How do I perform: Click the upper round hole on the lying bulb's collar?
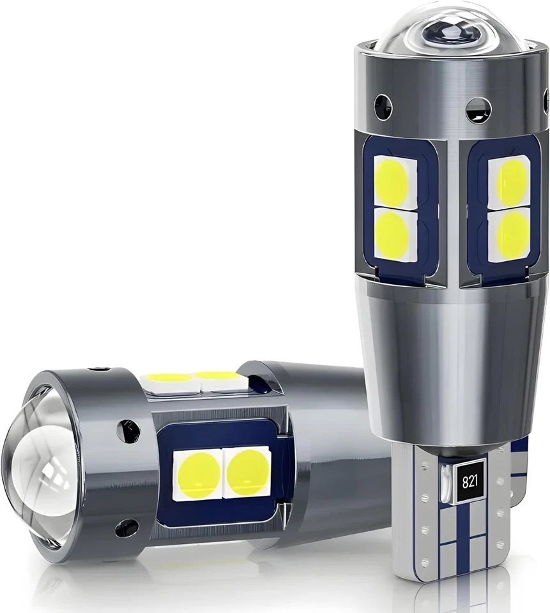pyautogui.click(x=128, y=431)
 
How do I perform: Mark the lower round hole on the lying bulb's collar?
pyautogui.click(x=126, y=527)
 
